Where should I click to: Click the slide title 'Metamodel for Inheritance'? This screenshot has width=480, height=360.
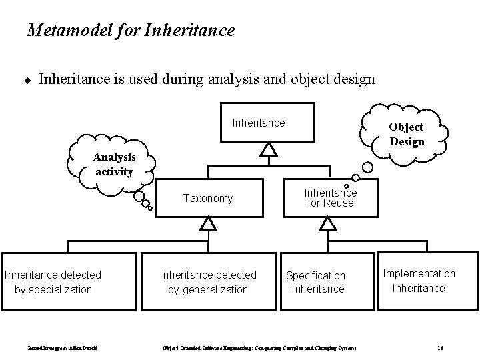point(131,30)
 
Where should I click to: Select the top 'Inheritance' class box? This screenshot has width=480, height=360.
point(268,123)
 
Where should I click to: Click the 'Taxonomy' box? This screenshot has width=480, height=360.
point(208,198)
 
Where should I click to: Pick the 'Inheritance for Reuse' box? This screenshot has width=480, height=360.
point(330,197)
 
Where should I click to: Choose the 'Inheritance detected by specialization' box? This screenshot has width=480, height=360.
point(53,281)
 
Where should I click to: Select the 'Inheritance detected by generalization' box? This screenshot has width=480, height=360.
point(208,281)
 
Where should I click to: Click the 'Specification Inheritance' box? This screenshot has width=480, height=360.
point(316,281)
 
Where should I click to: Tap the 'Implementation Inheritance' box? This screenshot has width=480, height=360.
point(419,281)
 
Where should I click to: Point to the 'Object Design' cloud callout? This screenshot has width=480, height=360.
point(406,134)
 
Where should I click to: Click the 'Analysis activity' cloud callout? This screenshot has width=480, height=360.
point(115,163)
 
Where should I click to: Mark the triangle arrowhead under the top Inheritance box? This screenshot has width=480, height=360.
point(268,149)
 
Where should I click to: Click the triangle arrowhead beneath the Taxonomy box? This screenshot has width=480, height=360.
point(208,224)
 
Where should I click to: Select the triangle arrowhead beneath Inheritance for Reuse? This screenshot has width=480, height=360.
point(327,224)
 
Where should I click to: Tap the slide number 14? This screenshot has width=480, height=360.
point(441,348)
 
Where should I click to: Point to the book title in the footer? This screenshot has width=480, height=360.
point(260,348)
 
